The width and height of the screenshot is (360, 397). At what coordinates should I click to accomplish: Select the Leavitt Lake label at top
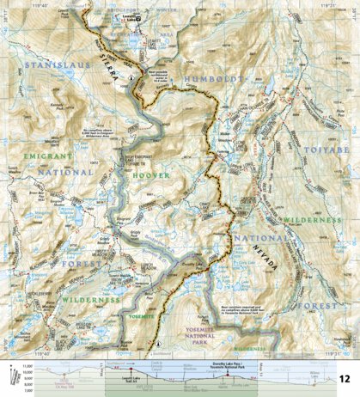pyautogui.click(x=154, y=15)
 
